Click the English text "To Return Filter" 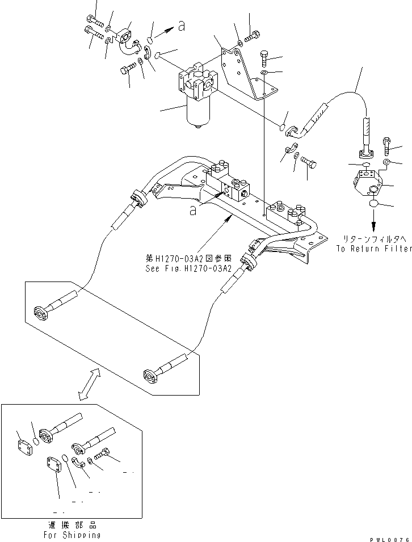(373, 249)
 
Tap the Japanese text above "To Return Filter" (373, 239)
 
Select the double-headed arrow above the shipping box (87, 383)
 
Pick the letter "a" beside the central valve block (193, 211)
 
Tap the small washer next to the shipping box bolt (91, 460)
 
